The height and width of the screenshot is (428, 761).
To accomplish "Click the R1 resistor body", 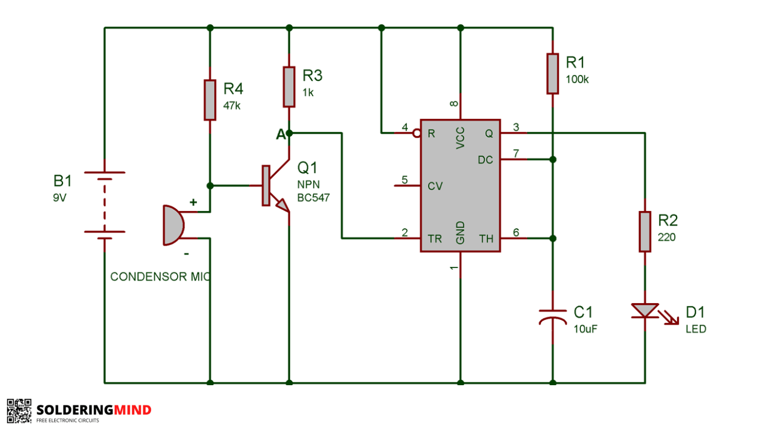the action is tap(553, 73).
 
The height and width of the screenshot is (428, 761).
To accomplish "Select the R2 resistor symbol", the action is tap(645, 232).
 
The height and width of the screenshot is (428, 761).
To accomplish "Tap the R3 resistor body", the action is tap(289, 87).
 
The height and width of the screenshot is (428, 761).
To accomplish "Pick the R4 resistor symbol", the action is tap(210, 100).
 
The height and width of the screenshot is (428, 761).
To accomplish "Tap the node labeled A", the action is tap(289, 133).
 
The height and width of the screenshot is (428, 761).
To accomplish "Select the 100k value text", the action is tap(577, 80).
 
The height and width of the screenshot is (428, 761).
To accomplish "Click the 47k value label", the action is tap(232, 106).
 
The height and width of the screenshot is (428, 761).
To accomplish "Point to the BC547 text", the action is tap(313, 198).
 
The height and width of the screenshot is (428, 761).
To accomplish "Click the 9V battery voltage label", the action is tap(59, 197).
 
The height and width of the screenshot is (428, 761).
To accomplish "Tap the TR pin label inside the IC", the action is tap(435, 239).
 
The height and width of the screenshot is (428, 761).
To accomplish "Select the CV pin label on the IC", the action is tap(435, 186).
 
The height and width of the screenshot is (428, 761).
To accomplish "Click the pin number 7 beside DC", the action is tap(516, 153).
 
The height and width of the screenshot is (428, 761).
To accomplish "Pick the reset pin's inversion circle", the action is tap(417, 133).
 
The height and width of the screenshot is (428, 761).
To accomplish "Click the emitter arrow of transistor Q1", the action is tap(282, 205).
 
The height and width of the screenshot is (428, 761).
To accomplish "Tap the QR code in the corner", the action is tap(19, 411).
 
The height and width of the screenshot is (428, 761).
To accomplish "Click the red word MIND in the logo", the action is tap(133, 410).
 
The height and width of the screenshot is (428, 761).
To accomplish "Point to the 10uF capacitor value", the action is tap(586, 329).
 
